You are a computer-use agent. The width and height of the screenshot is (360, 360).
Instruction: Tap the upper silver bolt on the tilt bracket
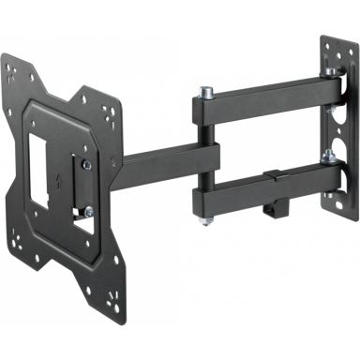(85, 165)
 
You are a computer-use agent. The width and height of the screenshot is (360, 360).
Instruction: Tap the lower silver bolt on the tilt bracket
(85, 211)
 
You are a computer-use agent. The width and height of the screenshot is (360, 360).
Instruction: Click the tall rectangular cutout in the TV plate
(40, 170)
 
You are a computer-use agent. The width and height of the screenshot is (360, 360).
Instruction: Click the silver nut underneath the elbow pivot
(207, 220)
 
